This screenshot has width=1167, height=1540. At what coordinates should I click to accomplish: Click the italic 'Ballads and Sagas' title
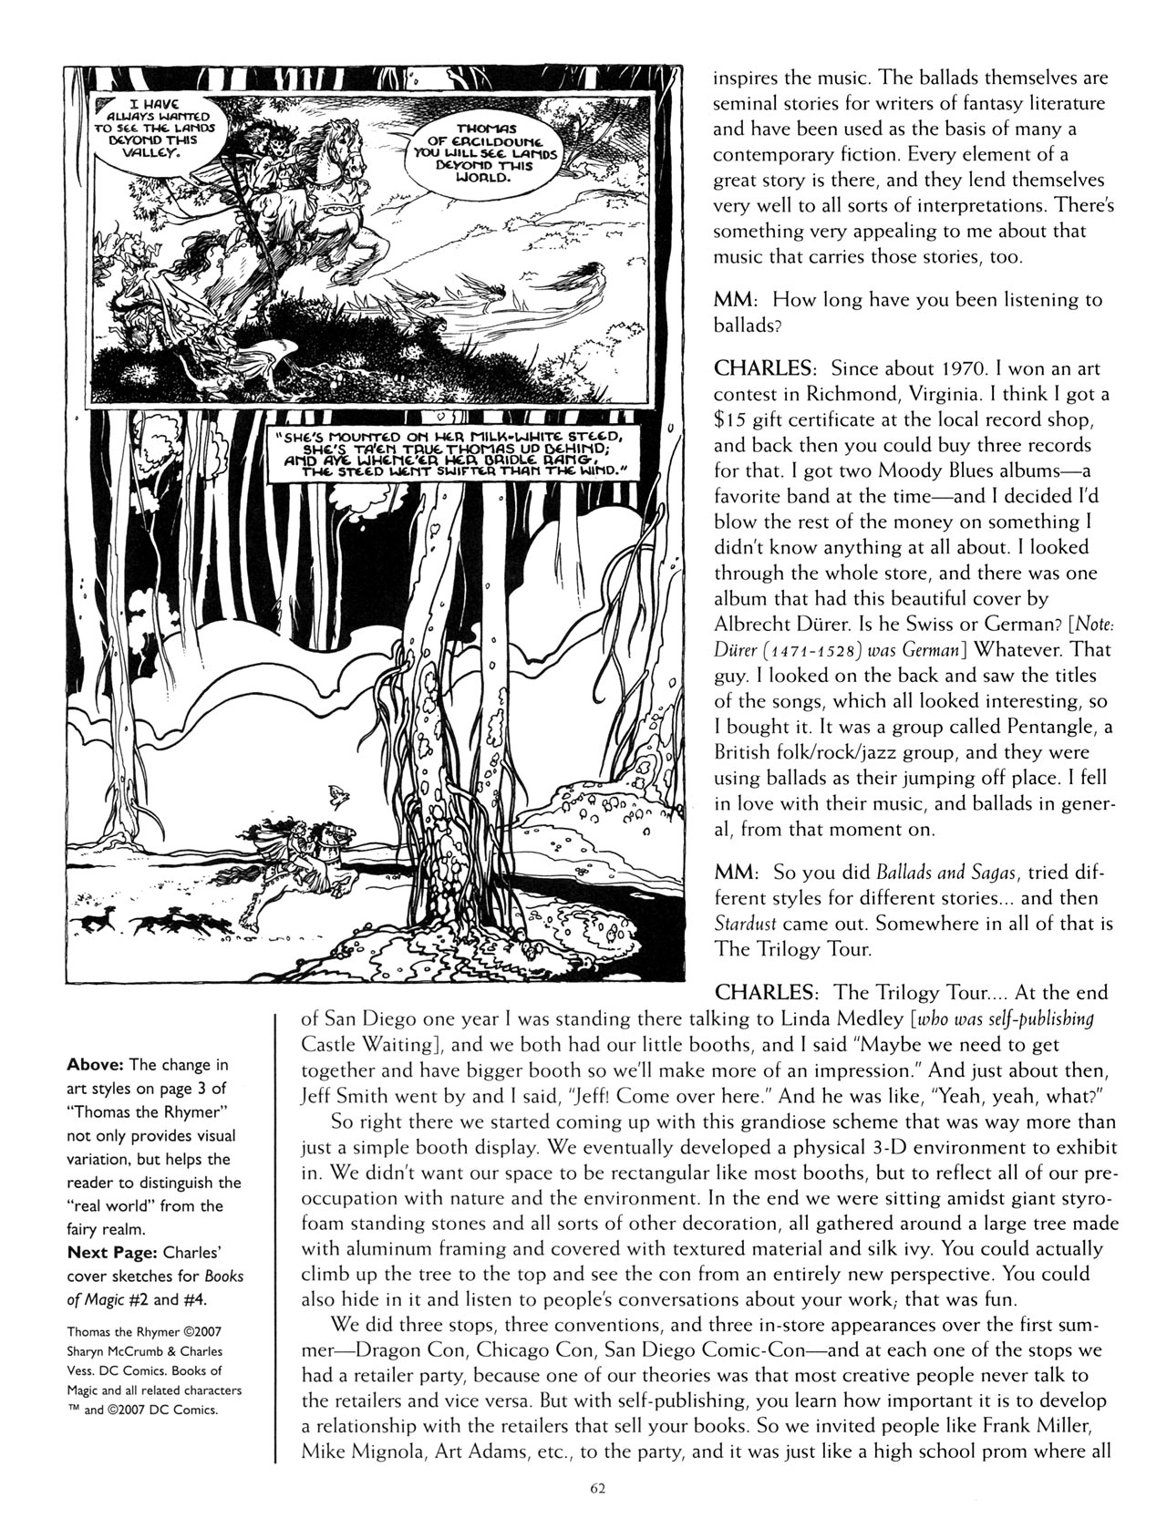coord(920,873)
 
